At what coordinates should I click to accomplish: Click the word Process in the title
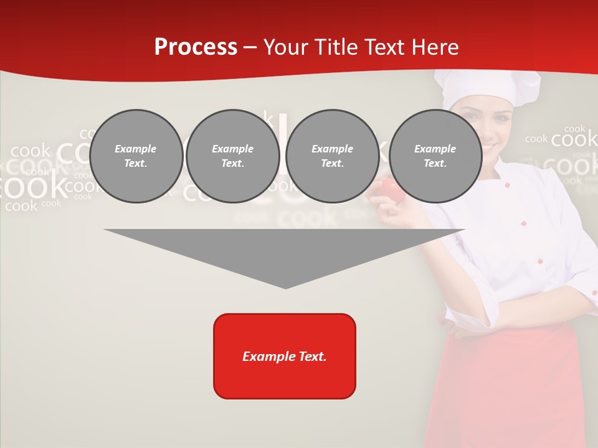pyautogui.click(x=196, y=47)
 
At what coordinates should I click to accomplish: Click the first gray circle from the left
pyautogui.click(x=136, y=156)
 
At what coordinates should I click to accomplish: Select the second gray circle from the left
pyautogui.click(x=232, y=156)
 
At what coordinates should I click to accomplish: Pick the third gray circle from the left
pyautogui.click(x=332, y=156)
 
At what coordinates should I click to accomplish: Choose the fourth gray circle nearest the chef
pyautogui.click(x=435, y=156)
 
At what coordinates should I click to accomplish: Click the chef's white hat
pyautogui.click(x=486, y=87)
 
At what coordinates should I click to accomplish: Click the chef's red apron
pyautogui.click(x=511, y=386)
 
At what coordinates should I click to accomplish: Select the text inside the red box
pyautogui.click(x=285, y=357)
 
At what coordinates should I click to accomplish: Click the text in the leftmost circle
pyautogui.click(x=136, y=156)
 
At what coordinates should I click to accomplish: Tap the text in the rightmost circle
pyautogui.click(x=435, y=156)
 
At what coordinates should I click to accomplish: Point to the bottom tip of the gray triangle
pyautogui.click(x=285, y=287)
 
